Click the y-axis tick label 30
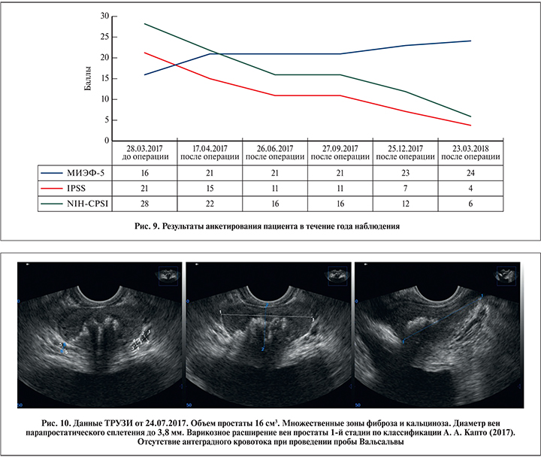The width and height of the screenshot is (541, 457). click(105, 16)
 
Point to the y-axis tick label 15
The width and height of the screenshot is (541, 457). click(105, 78)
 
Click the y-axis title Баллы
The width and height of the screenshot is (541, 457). click(88, 78)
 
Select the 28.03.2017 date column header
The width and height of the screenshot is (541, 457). click(144, 151)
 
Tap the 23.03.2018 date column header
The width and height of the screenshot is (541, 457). click(470, 151)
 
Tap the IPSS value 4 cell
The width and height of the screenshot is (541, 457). click(470, 187)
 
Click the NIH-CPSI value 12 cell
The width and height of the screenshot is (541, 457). click(404, 203)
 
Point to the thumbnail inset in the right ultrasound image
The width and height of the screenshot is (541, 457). click(505, 276)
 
